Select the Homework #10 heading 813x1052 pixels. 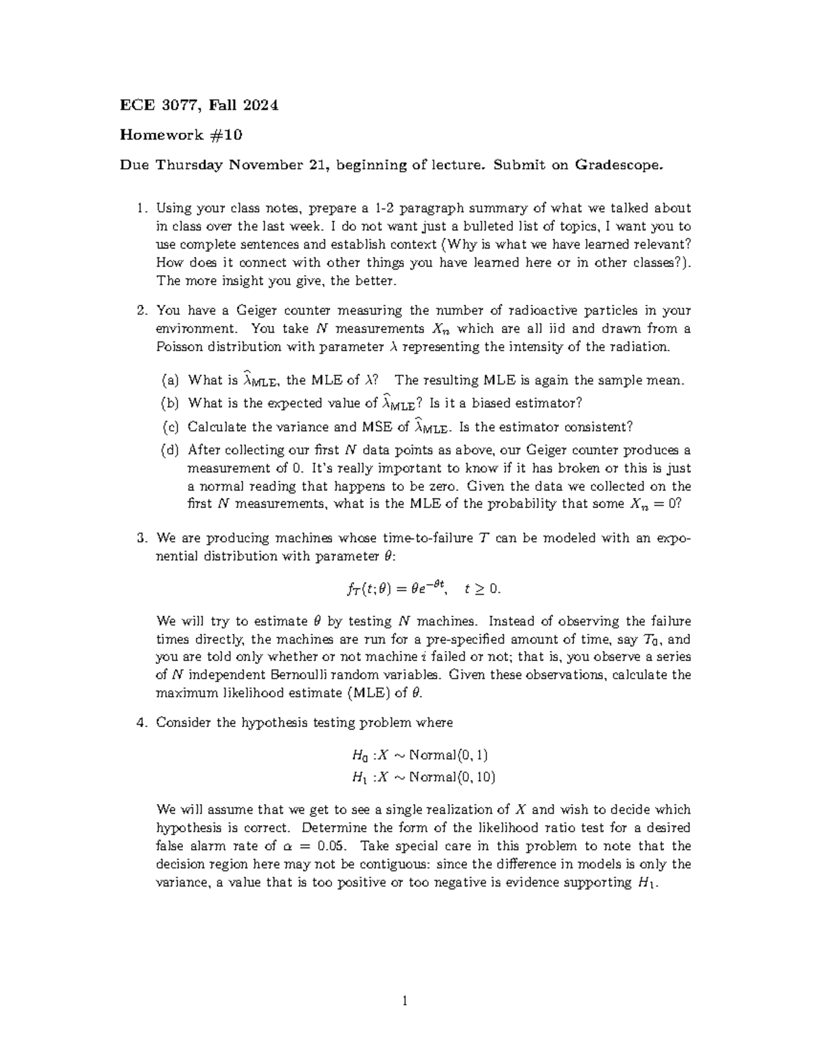tap(181, 135)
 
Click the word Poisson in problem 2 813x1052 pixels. tap(180, 347)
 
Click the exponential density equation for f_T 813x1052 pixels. tap(423, 588)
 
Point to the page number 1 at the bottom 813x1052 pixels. tap(405, 1001)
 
